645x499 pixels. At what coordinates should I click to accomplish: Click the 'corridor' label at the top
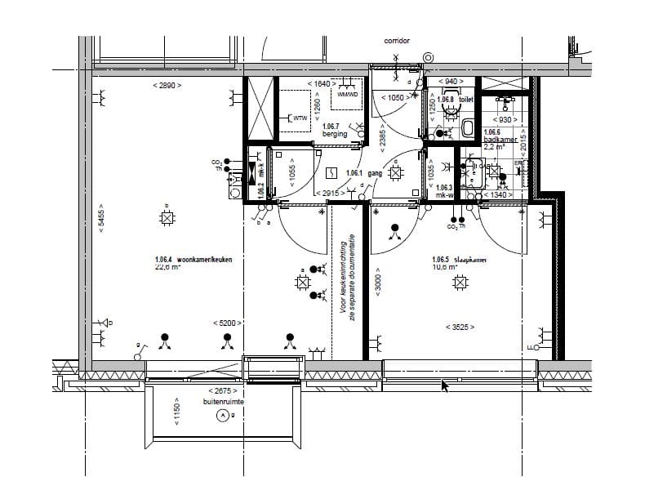tap(396, 40)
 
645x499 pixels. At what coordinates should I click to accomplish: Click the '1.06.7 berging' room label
tap(335, 130)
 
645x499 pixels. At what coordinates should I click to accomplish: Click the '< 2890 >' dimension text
tap(167, 85)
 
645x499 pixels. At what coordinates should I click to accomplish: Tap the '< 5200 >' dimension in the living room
tap(226, 323)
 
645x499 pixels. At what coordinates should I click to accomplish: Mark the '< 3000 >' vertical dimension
tap(377, 283)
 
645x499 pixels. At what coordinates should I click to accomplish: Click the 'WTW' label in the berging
tap(298, 118)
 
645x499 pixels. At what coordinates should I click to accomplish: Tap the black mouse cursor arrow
tap(445, 385)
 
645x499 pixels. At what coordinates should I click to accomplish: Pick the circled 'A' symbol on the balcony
tap(220, 416)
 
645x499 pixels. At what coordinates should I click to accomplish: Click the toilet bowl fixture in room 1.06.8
tap(467, 127)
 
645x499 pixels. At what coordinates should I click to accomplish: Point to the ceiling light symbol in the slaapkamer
tap(461, 283)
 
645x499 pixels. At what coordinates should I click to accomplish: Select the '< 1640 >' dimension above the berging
tap(322, 84)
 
